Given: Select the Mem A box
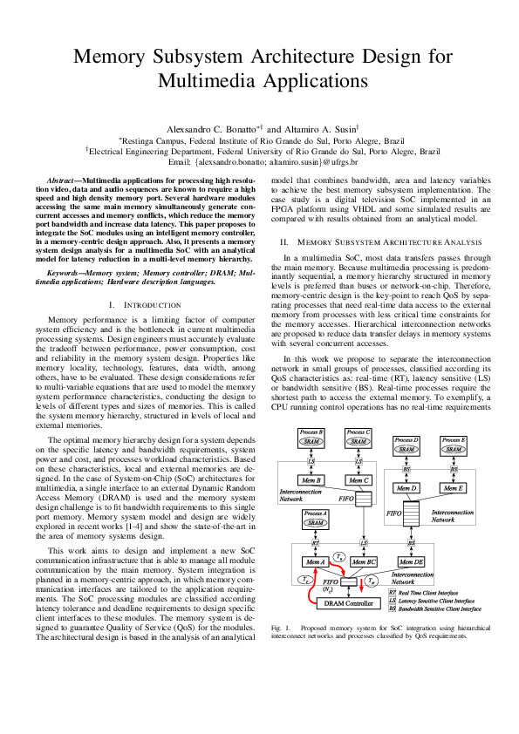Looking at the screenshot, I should pos(315,561).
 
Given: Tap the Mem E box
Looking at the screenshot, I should pos(454,488).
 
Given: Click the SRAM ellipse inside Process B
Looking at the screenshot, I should pos(311,441).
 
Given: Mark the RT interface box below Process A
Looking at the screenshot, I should pos(315,541).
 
